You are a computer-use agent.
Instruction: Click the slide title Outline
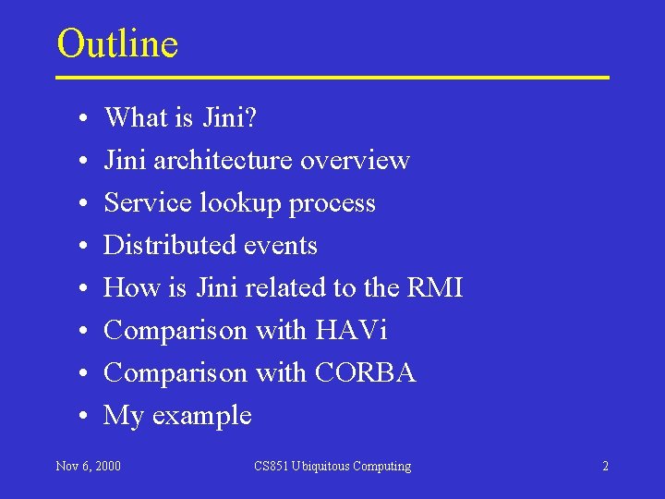point(117,43)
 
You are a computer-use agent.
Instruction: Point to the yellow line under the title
point(332,78)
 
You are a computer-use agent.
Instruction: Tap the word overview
point(355,160)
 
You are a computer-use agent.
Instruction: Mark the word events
point(277,246)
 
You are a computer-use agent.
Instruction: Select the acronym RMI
point(434,287)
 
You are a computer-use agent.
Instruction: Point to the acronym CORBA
point(365,372)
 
